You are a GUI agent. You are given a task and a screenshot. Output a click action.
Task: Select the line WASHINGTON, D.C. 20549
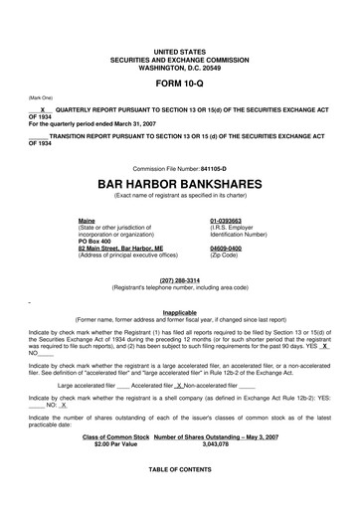(180, 63)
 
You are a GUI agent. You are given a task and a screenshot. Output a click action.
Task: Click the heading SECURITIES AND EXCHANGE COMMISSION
(180, 56)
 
